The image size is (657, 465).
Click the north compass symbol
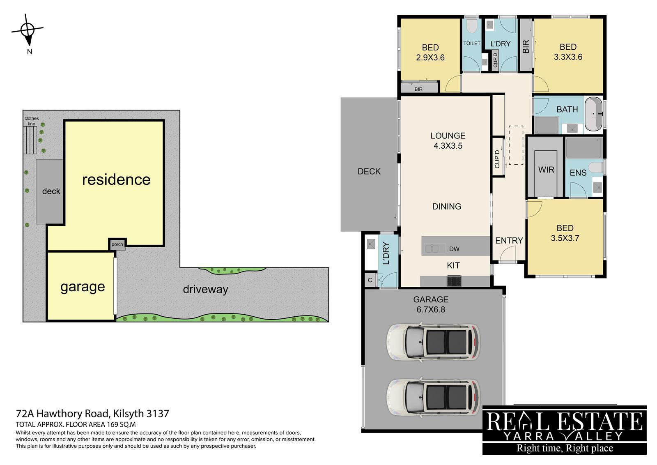[28, 30]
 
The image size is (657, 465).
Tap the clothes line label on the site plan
[32, 121]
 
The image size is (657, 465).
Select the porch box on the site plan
[117, 244]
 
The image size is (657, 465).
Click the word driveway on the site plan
[205, 289]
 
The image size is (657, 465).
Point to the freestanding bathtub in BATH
[593, 114]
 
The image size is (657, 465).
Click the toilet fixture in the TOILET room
[472, 26]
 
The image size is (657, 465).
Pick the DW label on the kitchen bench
[454, 249]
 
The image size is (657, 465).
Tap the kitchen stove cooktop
[454, 281]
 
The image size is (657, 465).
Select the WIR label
[546, 170]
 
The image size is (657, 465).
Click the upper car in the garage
[433, 342]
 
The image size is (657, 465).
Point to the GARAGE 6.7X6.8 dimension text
[431, 304]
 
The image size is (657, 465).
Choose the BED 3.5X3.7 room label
[565, 233]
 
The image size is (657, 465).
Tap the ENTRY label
[509, 241]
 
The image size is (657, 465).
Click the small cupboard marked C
[370, 280]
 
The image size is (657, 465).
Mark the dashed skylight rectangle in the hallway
[516, 145]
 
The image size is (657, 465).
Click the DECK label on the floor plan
[369, 171]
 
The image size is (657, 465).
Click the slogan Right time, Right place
[564, 448]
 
